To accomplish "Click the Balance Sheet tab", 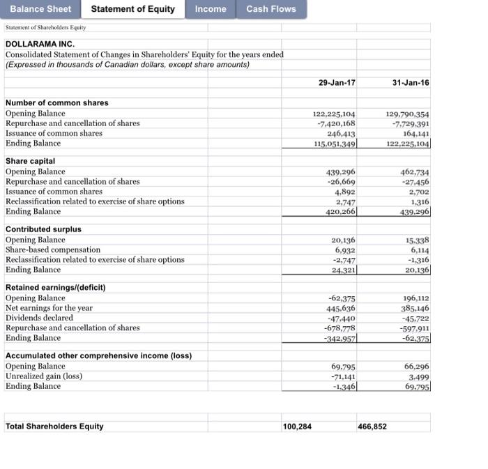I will coord(40,9).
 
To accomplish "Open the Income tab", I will coord(211,9).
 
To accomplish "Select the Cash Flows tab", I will coord(271,9).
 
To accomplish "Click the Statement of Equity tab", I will coord(132,9).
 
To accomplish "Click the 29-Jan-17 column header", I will coord(337,82).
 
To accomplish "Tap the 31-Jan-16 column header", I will coord(411,82).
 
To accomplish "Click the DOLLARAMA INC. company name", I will coord(39,43).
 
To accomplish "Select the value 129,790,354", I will coord(407,114).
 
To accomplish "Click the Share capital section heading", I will coord(30,161).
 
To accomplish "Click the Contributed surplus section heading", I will coord(43,229).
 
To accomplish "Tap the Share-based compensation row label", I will coord(53,249).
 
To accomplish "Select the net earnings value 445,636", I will coord(341,308).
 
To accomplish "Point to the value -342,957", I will coord(340,338).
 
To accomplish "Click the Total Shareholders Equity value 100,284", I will coord(297,426).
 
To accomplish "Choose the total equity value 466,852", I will coord(373,426).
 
